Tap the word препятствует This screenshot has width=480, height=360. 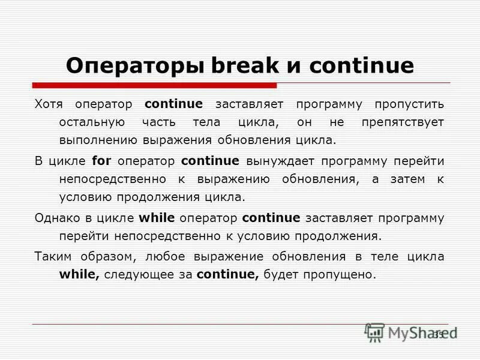pyautogui.click(x=403, y=122)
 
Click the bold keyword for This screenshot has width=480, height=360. pyautogui.click(x=102, y=161)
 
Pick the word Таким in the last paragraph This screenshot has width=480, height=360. pyautogui.click(x=52, y=256)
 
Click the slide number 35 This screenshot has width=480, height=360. pyautogui.click(x=438, y=334)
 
